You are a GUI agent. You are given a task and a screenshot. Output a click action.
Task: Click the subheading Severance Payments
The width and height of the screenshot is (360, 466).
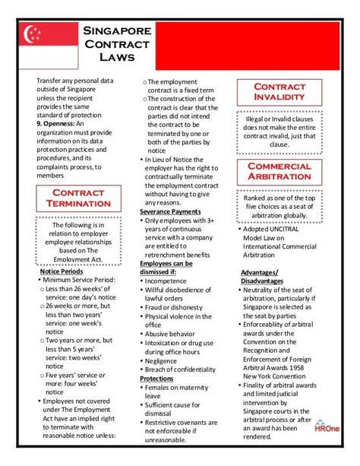[170, 211]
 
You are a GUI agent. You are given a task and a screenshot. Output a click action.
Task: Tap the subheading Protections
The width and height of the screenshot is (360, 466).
[157, 378]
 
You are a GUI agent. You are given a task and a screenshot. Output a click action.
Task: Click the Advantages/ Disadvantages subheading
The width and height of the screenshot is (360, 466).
[263, 277]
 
